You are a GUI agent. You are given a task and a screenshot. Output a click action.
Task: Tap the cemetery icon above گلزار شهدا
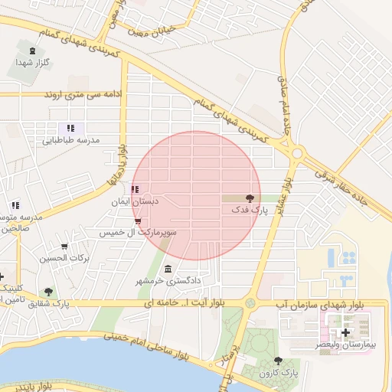coord(31,51)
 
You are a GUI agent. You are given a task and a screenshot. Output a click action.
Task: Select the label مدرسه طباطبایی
coord(70,140)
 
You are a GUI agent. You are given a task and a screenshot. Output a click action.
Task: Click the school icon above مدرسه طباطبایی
coord(70,129)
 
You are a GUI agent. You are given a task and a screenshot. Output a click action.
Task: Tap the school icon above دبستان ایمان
coord(135,190)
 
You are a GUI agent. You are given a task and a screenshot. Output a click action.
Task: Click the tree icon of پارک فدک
coord(250,198)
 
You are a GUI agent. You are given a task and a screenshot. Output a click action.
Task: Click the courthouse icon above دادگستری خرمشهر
coord(168,269)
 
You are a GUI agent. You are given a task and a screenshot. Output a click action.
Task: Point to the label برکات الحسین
coord(65,258)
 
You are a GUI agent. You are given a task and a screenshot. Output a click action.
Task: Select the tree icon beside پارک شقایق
coord(49,292)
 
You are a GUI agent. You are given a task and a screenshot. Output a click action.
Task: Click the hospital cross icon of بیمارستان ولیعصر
coord(345,333)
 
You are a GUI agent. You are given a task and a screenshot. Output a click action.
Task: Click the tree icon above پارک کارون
coord(278,361)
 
